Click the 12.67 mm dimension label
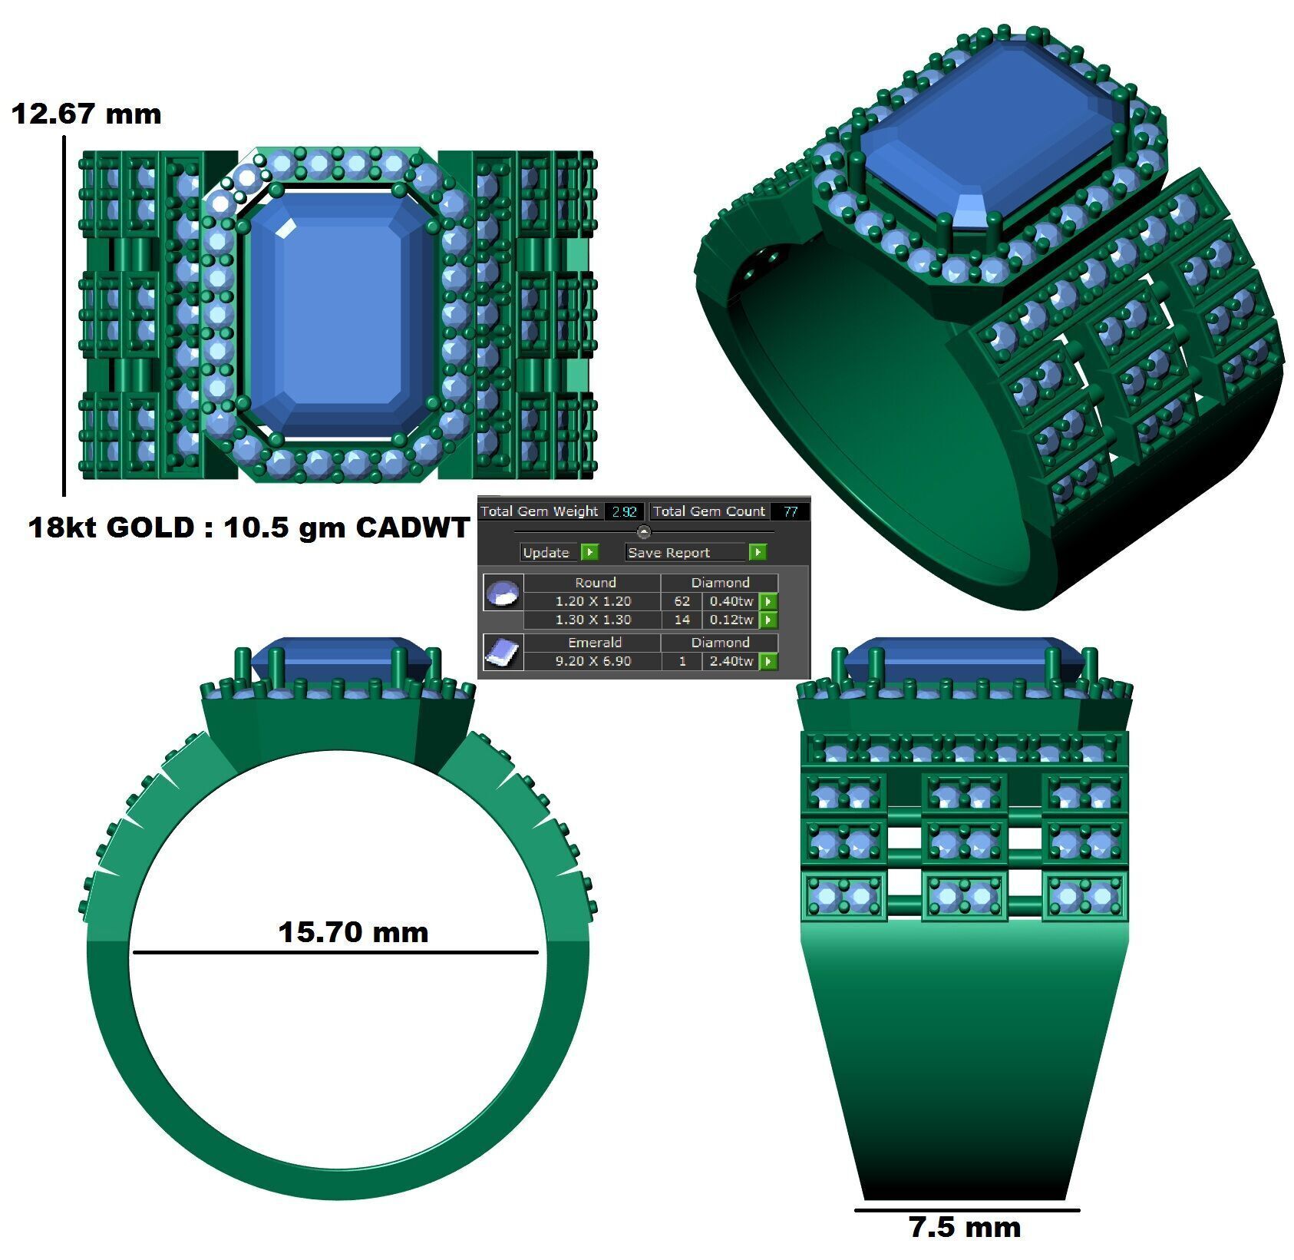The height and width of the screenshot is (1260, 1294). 86,114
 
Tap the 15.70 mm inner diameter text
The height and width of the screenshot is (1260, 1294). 352,931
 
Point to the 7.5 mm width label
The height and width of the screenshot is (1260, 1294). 965,1227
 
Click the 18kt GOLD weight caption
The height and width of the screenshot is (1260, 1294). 248,527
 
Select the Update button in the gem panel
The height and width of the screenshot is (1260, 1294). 546,552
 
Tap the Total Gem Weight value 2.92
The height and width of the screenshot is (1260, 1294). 624,511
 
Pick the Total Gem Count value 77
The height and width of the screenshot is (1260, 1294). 790,511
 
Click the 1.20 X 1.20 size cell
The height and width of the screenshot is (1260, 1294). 593,601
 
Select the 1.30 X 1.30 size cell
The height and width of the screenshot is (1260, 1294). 593,620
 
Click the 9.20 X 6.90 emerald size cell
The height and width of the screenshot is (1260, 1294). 593,661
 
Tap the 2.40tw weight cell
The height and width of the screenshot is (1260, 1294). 731,661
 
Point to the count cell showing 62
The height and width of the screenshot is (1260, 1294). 682,601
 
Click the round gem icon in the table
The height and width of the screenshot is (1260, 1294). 503,592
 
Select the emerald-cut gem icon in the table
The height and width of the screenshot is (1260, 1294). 503,653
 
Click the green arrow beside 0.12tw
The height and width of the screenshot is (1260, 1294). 768,620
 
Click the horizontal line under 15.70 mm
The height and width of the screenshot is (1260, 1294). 335,953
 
